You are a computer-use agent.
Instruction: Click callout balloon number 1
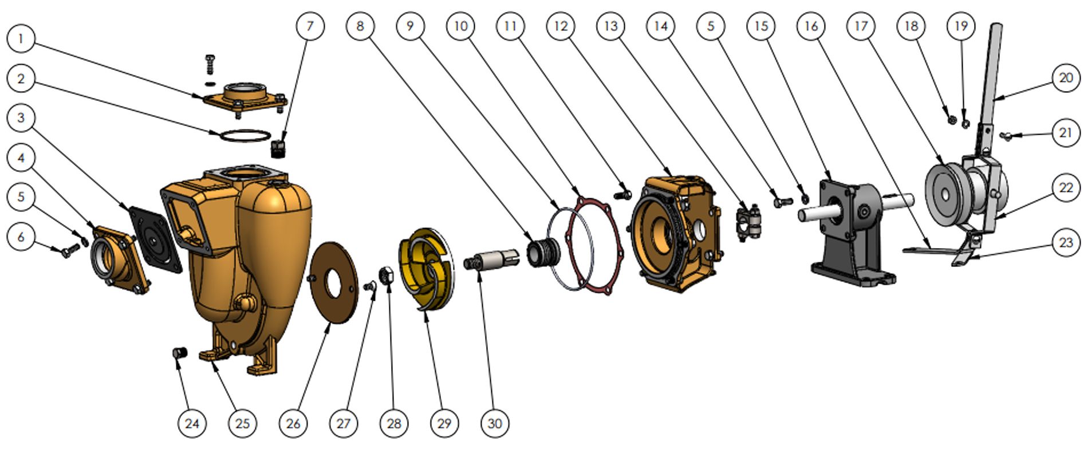pos(21,39)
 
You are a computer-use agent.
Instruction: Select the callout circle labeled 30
pos(495,423)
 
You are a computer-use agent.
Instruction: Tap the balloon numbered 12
pos(561,26)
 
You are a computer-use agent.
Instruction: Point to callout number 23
pos(1065,242)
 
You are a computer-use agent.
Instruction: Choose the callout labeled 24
pos(192,423)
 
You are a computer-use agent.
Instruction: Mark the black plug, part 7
pos(278,148)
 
